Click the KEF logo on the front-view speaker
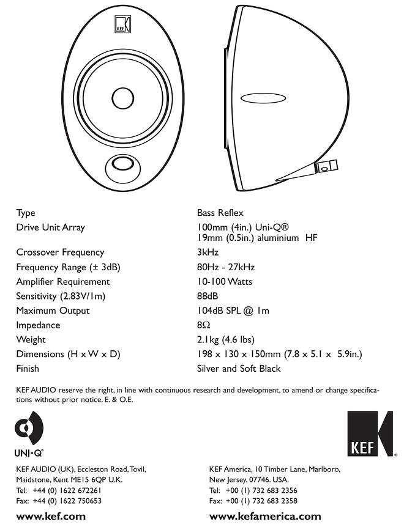point(123,24)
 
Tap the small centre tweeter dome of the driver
point(123,98)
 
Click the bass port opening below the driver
point(122,164)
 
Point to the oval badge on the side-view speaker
point(263,98)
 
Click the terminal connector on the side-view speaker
point(326,167)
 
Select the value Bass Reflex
point(220,213)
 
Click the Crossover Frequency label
point(60,252)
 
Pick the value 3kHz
point(208,252)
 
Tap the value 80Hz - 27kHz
point(226,267)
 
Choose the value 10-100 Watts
point(225,282)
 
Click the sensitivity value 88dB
point(208,296)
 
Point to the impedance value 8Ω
point(204,325)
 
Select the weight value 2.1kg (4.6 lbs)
point(226,339)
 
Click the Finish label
point(28,369)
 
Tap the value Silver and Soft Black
point(239,369)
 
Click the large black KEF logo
point(370,433)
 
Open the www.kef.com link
point(51,516)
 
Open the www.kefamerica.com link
point(265,516)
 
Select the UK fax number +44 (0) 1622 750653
point(67,501)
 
